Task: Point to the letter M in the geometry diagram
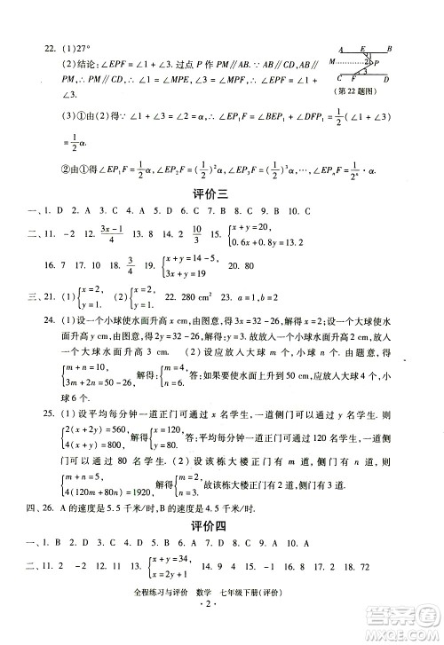pyautogui.click(x=332, y=61)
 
